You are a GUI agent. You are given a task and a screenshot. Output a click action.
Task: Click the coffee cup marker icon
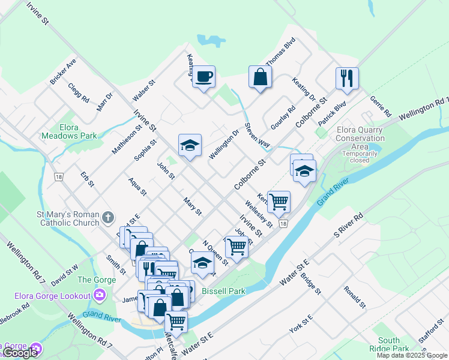coord(203,76)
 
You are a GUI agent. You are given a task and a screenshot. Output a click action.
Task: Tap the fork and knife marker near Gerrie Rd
coord(347,78)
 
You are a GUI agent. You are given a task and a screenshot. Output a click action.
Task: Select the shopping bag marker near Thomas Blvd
coord(260,77)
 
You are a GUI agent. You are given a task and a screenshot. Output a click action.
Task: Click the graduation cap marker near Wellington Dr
coord(190,145)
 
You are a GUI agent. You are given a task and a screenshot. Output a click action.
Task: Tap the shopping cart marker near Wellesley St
coord(279,202)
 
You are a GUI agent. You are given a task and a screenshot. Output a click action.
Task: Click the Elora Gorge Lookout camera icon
coord(99,295)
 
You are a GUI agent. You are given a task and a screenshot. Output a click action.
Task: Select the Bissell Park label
coord(224,291)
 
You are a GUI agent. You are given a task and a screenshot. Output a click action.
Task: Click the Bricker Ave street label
coord(64,71)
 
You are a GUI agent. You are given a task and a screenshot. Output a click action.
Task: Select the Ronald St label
coord(355,298)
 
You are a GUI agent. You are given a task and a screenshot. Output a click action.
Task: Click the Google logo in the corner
coord(20,353)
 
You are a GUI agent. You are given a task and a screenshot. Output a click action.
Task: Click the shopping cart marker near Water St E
coord(176,321)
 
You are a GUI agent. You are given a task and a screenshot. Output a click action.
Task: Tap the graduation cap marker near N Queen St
coord(203,263)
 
